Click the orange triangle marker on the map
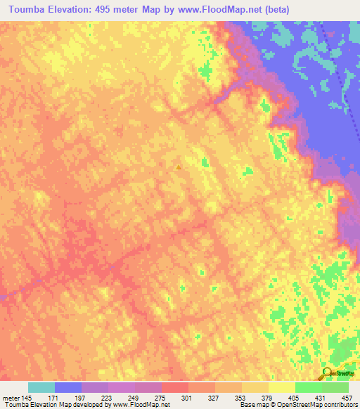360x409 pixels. tap(179, 167)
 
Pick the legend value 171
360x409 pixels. tap(55, 398)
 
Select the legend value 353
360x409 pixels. tap(242, 398)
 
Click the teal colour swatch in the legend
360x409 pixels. tap(41, 387)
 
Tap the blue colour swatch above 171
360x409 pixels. tap(68, 387)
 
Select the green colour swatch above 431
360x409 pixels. tap(309, 387)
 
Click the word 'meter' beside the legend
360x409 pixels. tap(11, 398)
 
